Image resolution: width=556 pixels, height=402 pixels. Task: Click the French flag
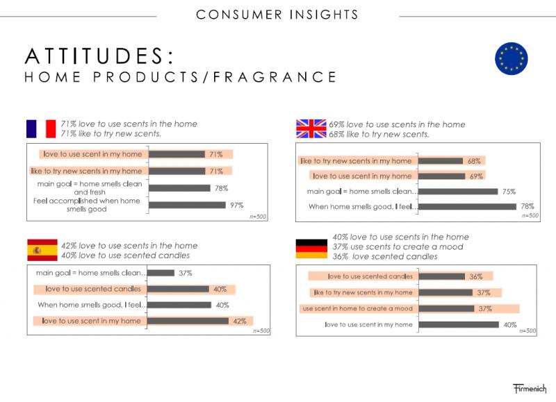(x=41, y=128)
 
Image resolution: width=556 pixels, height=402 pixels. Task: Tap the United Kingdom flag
(x=311, y=129)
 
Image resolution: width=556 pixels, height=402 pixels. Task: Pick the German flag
(x=311, y=247)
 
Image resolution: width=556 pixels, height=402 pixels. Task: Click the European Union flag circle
(x=511, y=58)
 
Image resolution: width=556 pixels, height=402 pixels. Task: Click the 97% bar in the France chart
(x=188, y=205)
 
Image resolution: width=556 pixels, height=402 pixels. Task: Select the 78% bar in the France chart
(x=179, y=187)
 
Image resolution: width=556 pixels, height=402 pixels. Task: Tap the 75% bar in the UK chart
(x=459, y=192)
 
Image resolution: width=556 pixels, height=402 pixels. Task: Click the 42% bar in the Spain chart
(x=188, y=321)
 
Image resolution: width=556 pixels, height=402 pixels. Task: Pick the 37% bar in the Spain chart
(x=161, y=273)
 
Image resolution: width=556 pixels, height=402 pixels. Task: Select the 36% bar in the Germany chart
(x=442, y=276)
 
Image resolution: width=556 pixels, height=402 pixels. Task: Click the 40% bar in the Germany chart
(x=459, y=324)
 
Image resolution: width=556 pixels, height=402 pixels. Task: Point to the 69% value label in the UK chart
(x=475, y=176)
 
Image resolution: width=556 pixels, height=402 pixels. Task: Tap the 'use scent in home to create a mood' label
(x=357, y=308)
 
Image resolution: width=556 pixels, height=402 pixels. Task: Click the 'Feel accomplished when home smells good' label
(x=87, y=205)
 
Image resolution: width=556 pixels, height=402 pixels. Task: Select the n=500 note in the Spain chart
(x=261, y=330)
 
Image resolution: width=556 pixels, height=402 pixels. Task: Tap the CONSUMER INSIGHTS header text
(x=277, y=14)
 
